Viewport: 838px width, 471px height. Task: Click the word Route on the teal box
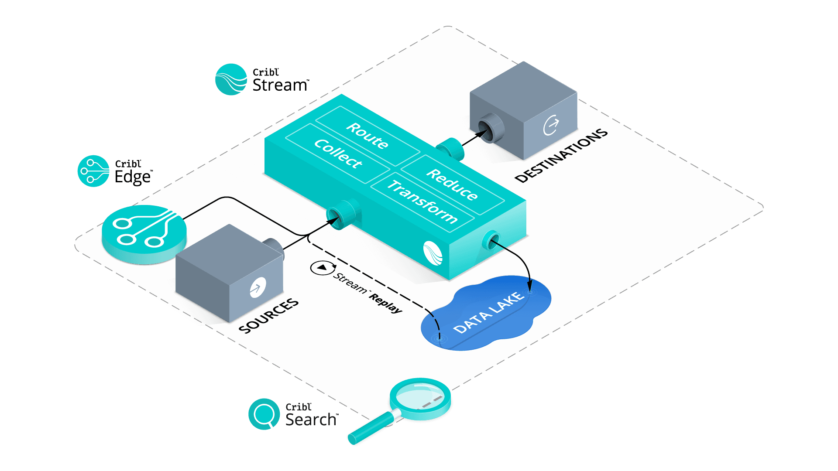367,136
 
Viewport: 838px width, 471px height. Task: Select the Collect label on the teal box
338,154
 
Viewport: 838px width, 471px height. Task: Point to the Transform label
422,202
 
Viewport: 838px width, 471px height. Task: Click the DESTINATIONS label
561,155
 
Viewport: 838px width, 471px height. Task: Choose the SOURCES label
269,316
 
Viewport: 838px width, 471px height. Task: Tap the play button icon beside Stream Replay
322,267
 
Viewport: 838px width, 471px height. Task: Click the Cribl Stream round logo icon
231,79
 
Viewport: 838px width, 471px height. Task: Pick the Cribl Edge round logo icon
93,171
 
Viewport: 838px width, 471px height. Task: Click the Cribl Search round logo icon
264,414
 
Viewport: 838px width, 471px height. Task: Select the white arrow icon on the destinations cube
551,125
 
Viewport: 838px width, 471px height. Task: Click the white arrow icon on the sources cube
258,287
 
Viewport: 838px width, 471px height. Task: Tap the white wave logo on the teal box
433,253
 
